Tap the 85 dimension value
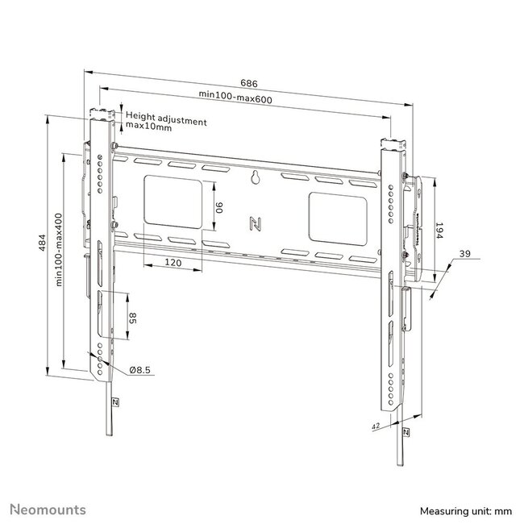[x=133, y=319]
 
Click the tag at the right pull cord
[x=405, y=431]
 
